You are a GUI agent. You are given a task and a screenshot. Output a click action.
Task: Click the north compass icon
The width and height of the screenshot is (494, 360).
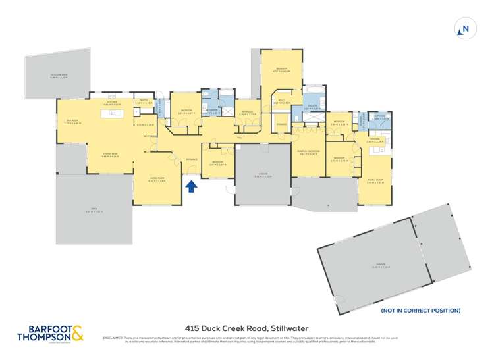click(465, 28)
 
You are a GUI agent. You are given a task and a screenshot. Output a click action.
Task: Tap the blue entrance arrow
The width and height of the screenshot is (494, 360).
click(191, 187)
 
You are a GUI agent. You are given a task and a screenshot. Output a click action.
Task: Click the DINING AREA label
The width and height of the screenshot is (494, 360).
click(110, 155)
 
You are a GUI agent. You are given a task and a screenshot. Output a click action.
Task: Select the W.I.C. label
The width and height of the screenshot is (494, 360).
click(281, 101)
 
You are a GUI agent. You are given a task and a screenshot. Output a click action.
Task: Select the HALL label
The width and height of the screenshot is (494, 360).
click(240, 137)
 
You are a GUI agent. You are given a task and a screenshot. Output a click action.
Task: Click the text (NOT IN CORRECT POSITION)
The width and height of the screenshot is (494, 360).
click(421, 311)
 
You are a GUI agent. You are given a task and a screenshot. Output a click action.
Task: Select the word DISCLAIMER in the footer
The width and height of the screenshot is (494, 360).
click(112, 338)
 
